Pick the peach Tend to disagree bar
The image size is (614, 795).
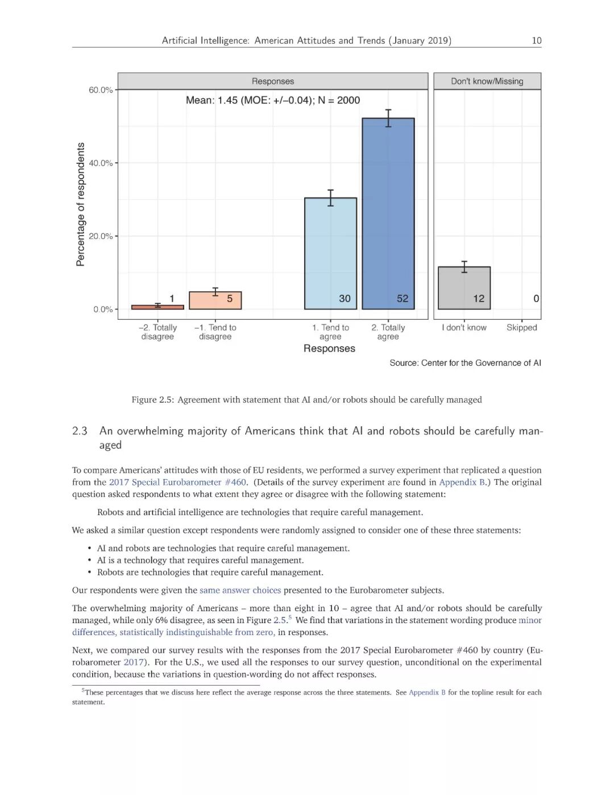[215, 300]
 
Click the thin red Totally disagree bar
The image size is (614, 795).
[157, 307]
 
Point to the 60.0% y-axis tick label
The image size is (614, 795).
[101, 90]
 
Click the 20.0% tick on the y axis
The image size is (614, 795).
[101, 236]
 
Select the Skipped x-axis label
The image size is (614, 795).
[521, 327]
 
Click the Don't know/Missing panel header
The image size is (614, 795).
[487, 81]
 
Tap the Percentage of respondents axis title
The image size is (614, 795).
[81, 204]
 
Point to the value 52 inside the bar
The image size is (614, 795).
[403, 298]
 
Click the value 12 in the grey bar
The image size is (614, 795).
[479, 298]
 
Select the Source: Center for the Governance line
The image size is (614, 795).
[465, 363]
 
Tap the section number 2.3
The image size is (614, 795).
[80, 431]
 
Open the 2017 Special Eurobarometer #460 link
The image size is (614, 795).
[177, 482]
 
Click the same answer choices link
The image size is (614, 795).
[240, 590]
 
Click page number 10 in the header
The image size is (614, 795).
[536, 40]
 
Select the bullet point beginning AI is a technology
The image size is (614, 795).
[200, 560]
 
